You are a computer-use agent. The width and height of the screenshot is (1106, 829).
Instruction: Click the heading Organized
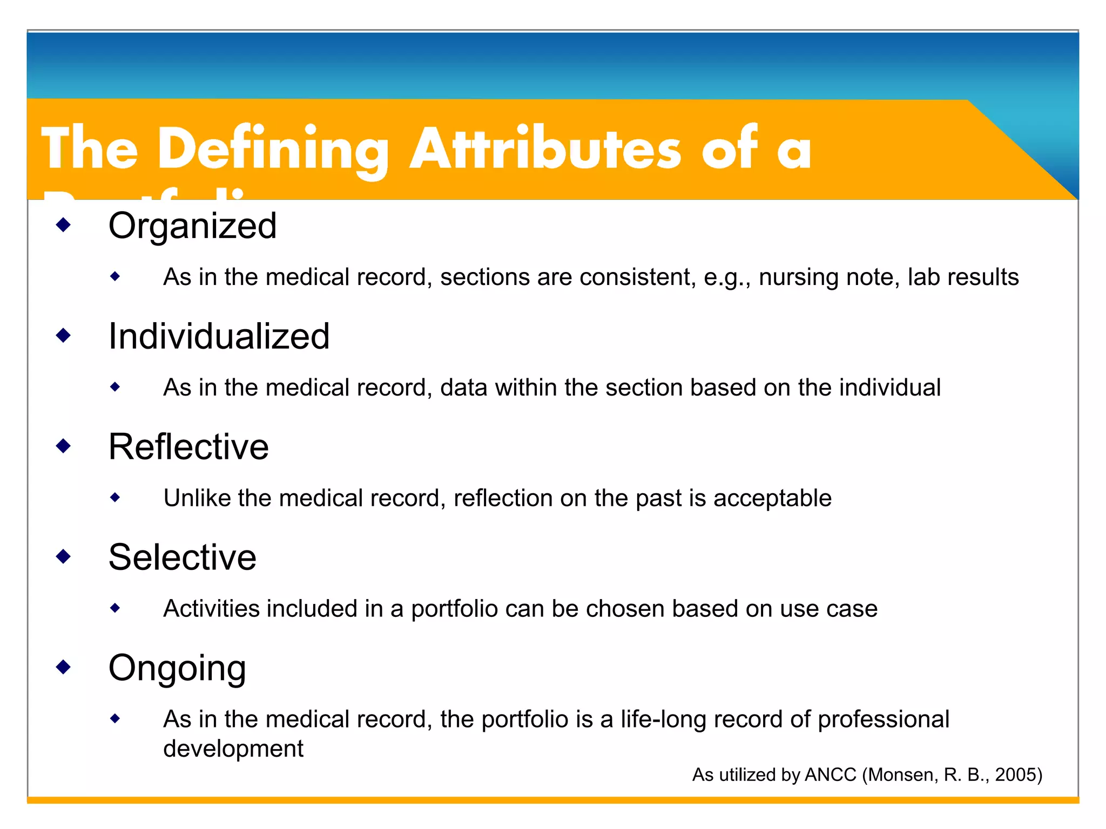[x=192, y=226]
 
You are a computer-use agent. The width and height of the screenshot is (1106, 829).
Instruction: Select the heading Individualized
[x=219, y=336]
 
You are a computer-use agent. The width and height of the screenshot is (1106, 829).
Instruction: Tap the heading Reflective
[x=188, y=447]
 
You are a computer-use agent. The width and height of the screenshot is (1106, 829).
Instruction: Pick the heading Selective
[x=182, y=558]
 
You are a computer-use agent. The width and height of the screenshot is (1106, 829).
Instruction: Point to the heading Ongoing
[x=177, y=668]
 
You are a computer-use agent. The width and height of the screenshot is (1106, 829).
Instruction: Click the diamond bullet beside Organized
[x=64, y=225]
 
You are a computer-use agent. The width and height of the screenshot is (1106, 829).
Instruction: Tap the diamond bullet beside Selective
[x=64, y=556]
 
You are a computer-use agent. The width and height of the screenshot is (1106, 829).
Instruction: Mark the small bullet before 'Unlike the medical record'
[x=115, y=497]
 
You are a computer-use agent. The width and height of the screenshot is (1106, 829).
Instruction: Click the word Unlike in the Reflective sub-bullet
[x=197, y=498]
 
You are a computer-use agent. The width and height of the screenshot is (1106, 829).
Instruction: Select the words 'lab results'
[x=963, y=277]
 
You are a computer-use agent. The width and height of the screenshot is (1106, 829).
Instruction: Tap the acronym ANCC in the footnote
[x=830, y=775]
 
